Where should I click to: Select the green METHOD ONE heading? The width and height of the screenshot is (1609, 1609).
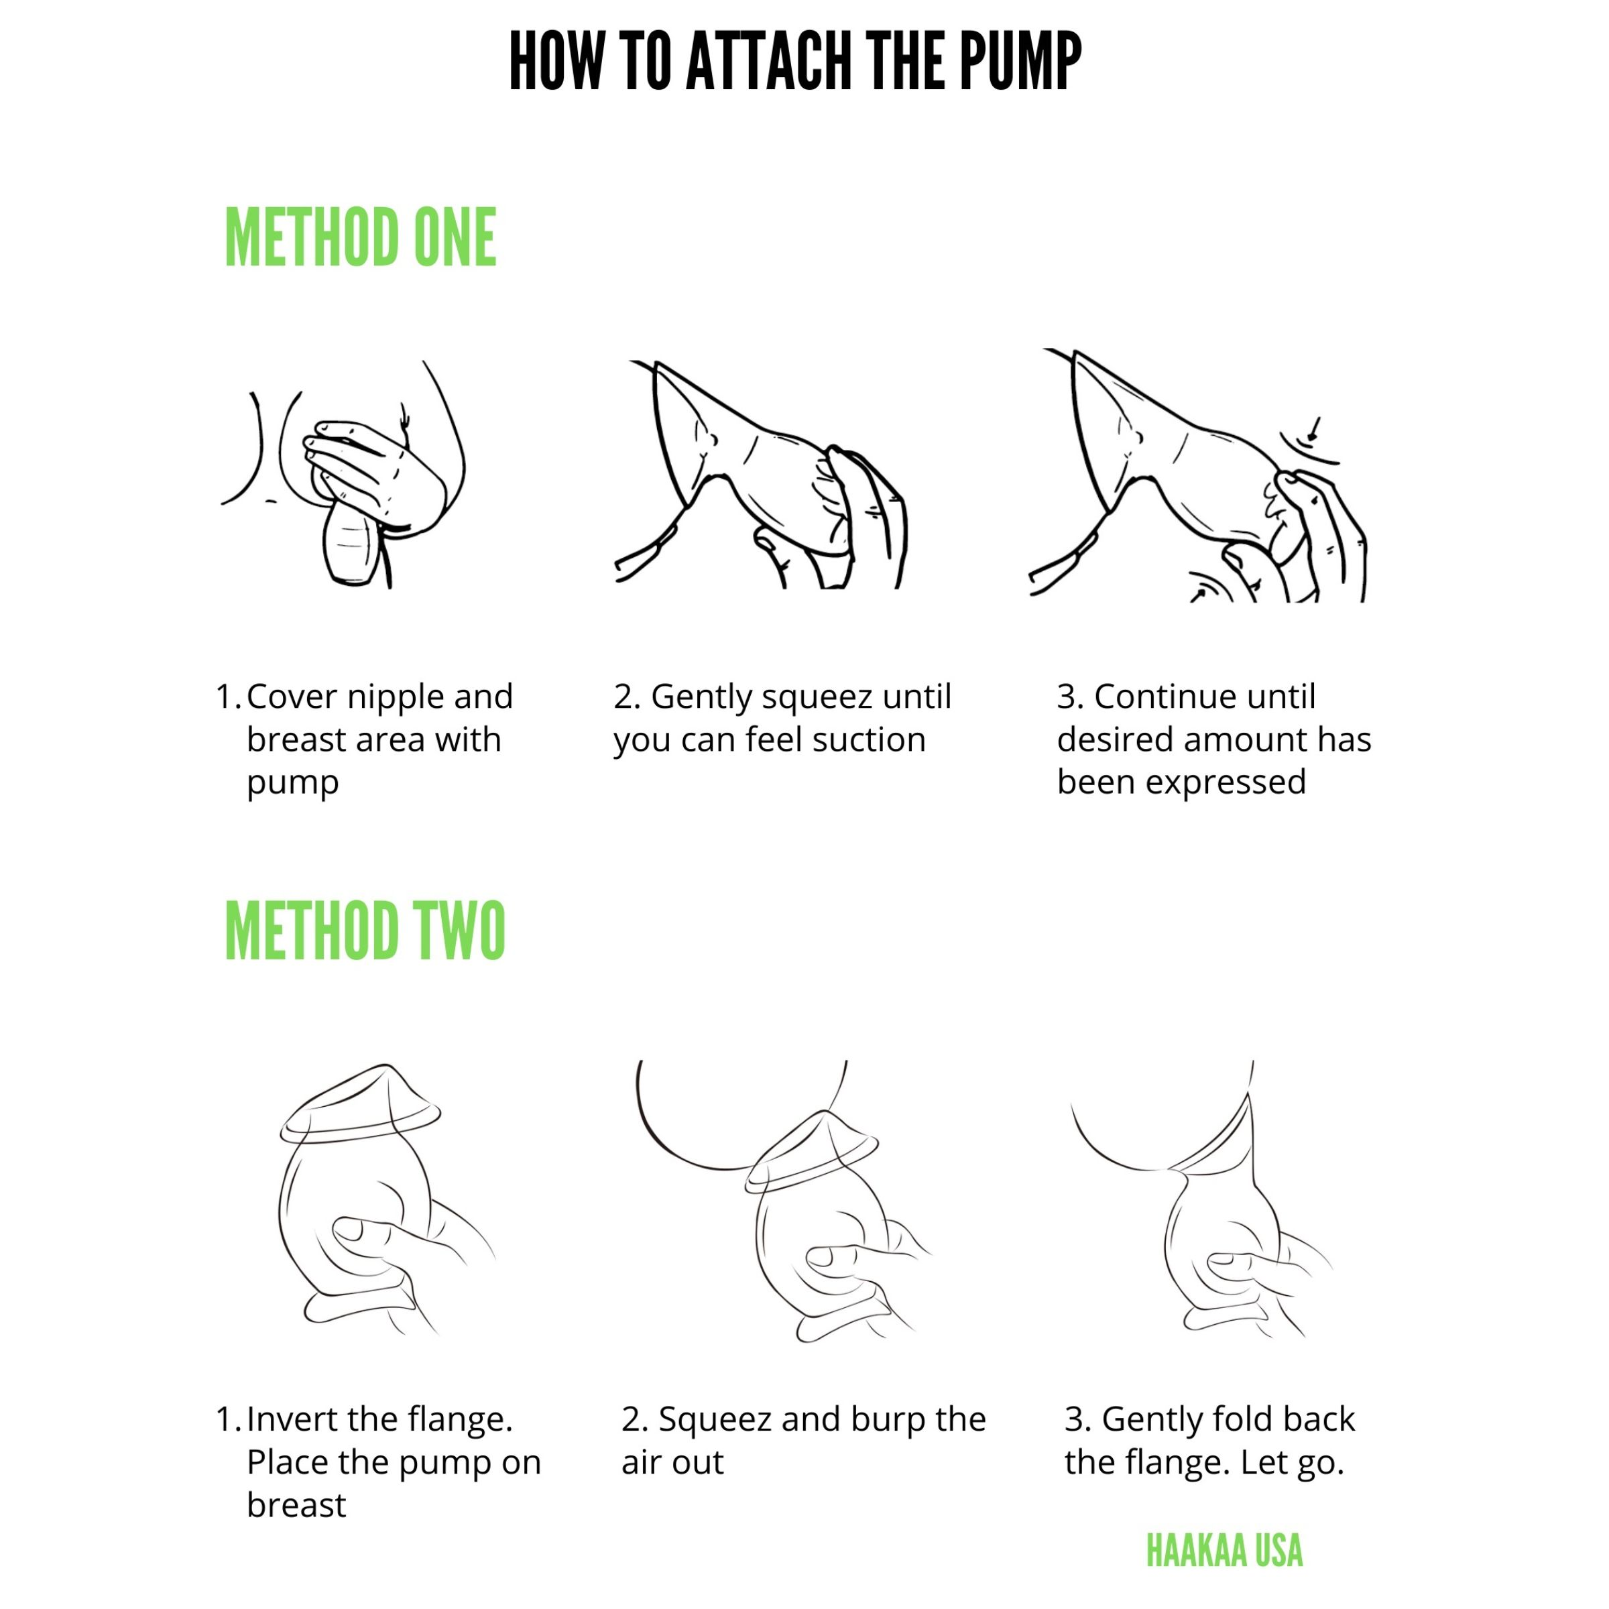361,238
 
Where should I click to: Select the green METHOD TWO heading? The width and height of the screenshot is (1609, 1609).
365,931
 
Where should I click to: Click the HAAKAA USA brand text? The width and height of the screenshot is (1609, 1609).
1224,1551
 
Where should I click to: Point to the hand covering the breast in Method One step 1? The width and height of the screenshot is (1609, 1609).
375,475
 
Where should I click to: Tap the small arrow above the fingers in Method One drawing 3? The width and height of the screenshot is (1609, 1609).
1314,430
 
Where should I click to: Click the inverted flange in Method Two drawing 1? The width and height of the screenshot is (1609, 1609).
360,1104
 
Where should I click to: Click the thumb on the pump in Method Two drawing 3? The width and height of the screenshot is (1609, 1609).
1240,1266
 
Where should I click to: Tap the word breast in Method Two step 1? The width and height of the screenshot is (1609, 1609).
296,1506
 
